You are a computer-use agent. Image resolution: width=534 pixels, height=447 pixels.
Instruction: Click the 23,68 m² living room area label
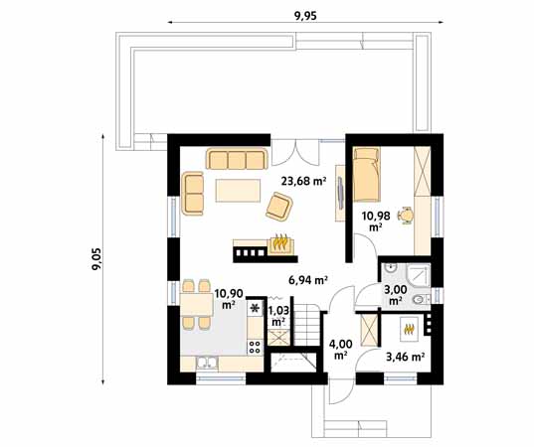tap(304, 181)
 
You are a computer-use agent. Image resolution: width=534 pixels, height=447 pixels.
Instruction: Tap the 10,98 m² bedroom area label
tap(375, 220)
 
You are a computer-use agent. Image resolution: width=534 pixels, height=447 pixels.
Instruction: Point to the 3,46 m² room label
tap(405, 355)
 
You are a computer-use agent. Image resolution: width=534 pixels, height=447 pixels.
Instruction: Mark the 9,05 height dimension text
tap(96, 260)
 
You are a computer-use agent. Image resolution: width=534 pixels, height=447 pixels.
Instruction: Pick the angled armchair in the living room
tap(279, 206)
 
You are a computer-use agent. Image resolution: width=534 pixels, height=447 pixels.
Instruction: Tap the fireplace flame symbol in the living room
tap(281, 242)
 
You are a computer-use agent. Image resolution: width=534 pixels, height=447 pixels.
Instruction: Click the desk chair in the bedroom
tap(405, 215)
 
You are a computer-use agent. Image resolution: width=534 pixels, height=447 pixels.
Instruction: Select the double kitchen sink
tap(208, 363)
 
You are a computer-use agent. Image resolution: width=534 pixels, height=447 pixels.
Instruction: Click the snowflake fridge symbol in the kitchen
tap(255, 309)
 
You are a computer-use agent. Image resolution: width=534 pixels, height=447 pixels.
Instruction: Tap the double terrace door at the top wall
tap(297, 152)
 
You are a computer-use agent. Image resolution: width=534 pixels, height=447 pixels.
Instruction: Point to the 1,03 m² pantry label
tap(278, 315)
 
